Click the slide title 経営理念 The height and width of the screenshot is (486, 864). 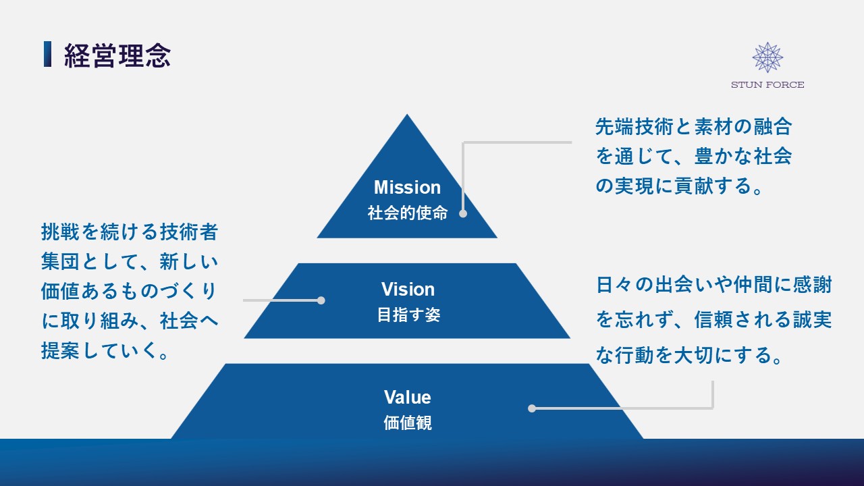[117, 56]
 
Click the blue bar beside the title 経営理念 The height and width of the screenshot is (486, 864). [47, 55]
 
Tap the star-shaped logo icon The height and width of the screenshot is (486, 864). [767, 57]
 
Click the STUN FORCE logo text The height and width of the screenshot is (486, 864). [767, 85]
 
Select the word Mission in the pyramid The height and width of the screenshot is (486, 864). [407, 187]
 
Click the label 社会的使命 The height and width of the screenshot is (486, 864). [407, 213]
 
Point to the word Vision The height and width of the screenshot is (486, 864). [408, 290]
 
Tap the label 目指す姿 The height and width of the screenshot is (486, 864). [408, 315]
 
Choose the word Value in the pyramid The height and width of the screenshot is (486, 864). [407, 397]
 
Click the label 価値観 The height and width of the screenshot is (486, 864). [407, 423]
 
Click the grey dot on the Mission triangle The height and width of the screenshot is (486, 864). [463, 213]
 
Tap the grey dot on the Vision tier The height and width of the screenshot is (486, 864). [321, 300]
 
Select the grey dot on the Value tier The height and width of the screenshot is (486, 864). [532, 408]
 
